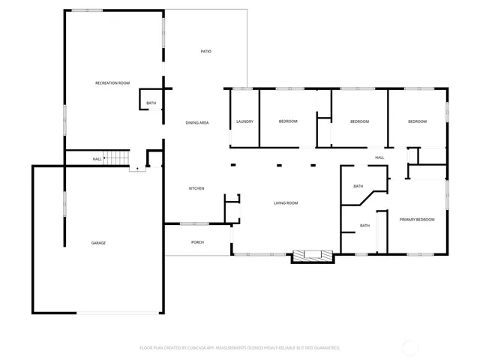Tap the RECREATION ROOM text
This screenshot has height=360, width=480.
coord(112,82)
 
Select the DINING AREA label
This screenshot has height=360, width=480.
coord(197,121)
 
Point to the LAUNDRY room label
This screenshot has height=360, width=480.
coord(244,121)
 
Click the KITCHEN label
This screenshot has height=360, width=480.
coord(196,188)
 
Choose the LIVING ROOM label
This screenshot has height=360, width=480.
coord(286,203)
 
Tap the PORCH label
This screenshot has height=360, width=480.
coord(198,242)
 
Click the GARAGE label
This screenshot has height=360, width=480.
coord(98,243)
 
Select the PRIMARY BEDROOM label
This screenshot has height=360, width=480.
coord(417,219)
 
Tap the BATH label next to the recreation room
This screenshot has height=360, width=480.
coord(151,103)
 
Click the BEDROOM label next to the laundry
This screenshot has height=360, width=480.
coord(288,121)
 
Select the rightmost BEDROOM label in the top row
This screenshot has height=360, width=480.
coord(417,121)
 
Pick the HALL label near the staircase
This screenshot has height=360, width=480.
coord(97,159)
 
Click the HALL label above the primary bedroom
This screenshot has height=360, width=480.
coord(379,157)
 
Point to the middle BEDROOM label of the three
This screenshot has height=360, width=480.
coord(360,121)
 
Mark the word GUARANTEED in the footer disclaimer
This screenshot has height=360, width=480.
coord(325,348)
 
